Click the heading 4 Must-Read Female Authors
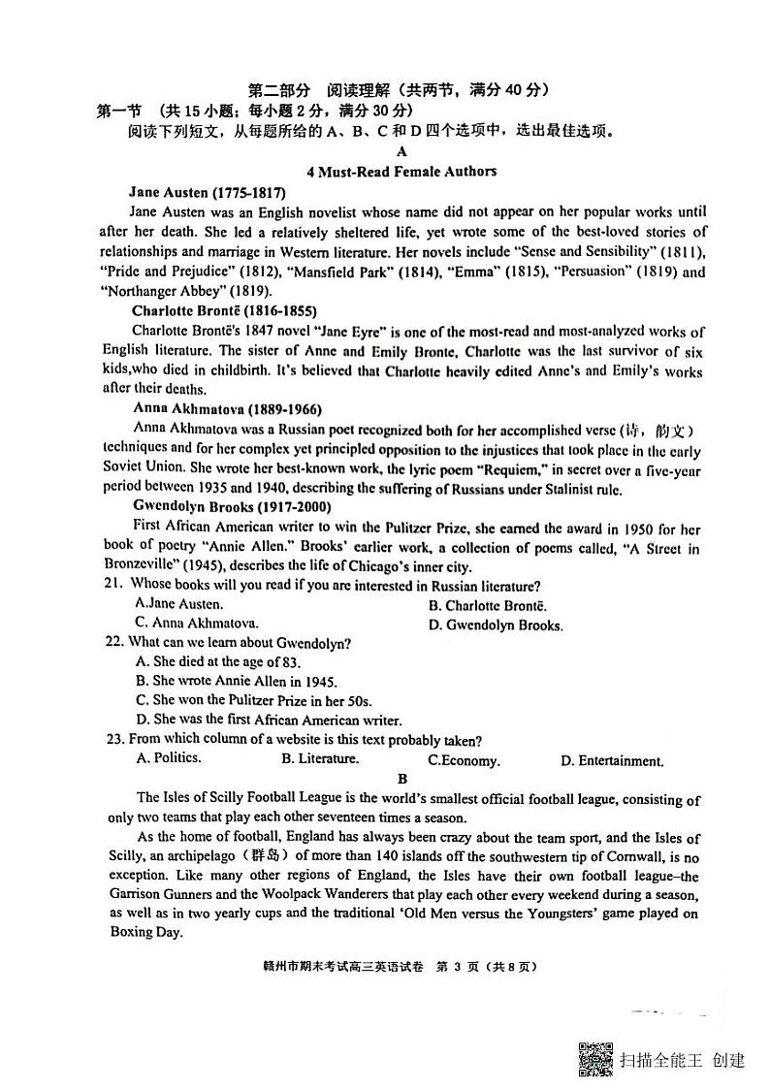coord(401,172)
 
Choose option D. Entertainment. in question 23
coord(612,761)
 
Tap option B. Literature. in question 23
coord(319,759)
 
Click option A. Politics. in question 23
coord(169,758)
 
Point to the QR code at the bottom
coord(595,1058)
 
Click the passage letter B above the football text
coord(402,779)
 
